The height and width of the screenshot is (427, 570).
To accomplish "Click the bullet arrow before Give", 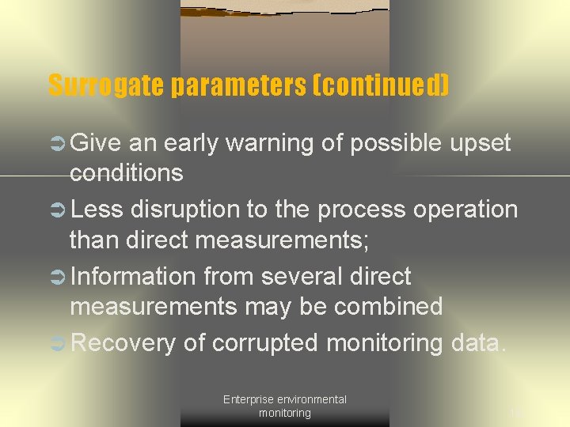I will point(58,143).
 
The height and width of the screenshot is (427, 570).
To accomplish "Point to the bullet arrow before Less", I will point(58,210).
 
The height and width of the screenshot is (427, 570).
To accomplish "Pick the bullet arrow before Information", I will point(58,277).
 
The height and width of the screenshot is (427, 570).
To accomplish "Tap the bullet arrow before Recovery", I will point(58,343).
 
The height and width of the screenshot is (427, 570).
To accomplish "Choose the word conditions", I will point(126,172).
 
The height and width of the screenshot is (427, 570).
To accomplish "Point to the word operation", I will point(467,210).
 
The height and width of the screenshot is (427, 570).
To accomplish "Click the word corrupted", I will point(266,343).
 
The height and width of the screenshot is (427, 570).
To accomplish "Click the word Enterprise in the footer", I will point(247,399).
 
